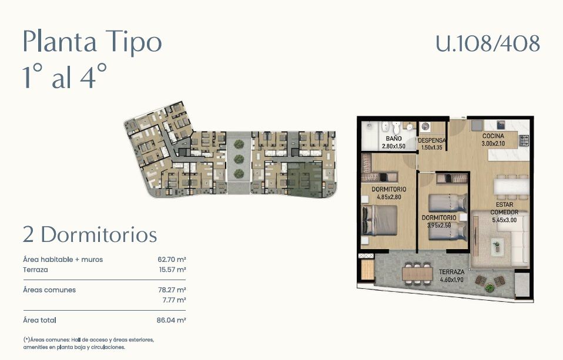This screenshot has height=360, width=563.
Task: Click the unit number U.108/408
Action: click(488, 43)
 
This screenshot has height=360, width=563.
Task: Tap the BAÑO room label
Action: click(394, 139)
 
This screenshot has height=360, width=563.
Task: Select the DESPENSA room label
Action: click(431, 141)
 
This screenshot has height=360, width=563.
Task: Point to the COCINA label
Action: click(493, 136)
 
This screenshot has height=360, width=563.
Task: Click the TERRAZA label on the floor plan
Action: click(451, 272)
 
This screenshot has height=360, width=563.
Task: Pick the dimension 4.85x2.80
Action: click(389, 197)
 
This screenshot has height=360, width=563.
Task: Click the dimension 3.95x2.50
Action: click(439, 226)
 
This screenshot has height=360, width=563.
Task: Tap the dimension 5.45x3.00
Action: click(504, 220)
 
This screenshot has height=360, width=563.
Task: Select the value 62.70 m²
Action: click(172, 260)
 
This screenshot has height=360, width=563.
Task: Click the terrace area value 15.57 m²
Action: click(172, 270)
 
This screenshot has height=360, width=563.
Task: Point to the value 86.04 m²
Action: click(171, 320)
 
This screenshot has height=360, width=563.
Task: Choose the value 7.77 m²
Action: click(174, 300)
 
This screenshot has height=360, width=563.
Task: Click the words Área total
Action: click(39, 320)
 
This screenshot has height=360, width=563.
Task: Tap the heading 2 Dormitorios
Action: click(90, 235)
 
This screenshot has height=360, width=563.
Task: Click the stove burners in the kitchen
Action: click(524, 140)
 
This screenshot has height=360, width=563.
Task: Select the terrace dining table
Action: click(417, 274)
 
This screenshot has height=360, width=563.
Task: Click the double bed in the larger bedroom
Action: click(380, 220)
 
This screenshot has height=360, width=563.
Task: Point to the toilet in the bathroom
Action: click(396, 127)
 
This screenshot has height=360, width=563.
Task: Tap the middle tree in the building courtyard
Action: click(239, 159)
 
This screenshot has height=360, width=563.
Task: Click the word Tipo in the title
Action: click(133, 42)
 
